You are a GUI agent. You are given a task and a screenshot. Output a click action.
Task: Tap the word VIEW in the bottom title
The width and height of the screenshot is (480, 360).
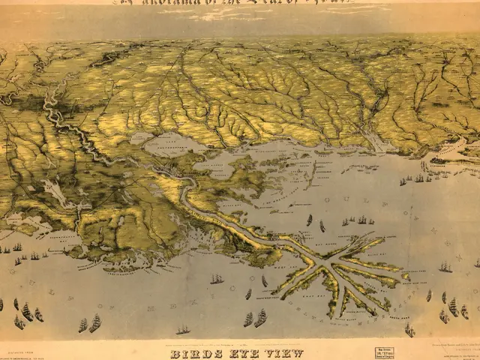coord(284,353)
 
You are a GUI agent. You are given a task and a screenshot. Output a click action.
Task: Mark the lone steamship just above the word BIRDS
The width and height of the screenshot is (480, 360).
coord(183,330)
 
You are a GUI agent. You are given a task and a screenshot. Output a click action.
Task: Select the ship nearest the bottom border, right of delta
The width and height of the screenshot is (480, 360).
coord(409,329)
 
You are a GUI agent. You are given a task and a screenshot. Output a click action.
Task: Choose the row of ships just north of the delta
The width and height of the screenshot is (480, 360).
coord(355,220)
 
